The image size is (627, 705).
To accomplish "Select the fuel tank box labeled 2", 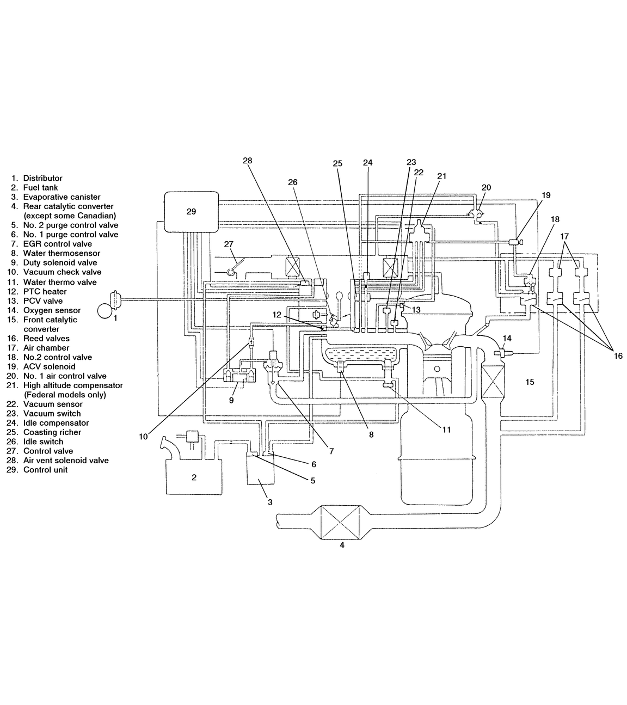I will click(193, 477).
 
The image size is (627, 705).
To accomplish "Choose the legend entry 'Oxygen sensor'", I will click(52, 310).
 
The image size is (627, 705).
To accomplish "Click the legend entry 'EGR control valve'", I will click(57, 244).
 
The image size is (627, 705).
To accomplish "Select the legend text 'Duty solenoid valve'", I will click(60, 262).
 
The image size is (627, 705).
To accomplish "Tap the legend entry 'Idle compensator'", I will click(56, 422).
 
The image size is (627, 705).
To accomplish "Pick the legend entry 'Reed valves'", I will click(46, 338).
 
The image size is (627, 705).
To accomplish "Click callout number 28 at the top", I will click(248, 161).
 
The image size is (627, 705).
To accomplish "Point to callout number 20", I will click(486, 187).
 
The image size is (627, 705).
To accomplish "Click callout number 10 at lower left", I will click(143, 436).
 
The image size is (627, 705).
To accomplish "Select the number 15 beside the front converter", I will click(530, 382).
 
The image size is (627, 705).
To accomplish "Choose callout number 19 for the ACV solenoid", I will click(546, 195).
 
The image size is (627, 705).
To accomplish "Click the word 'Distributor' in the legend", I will click(42, 178).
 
